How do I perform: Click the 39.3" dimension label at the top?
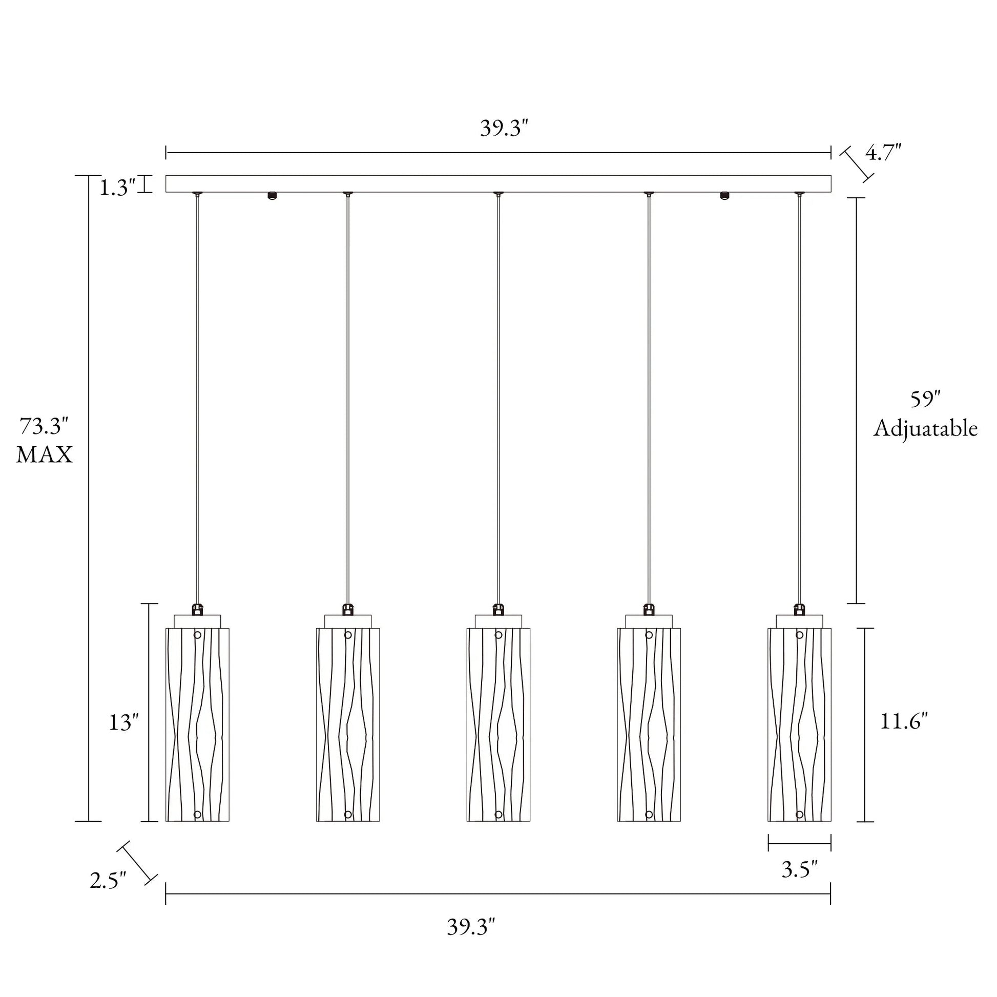coord(504,129)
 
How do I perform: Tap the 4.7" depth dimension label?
coord(883,153)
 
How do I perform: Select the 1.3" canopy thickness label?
coord(117,189)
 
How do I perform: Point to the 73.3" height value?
coord(44,427)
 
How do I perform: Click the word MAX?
coord(45,455)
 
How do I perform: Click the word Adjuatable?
coord(925,429)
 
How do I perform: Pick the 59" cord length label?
coord(925,400)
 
